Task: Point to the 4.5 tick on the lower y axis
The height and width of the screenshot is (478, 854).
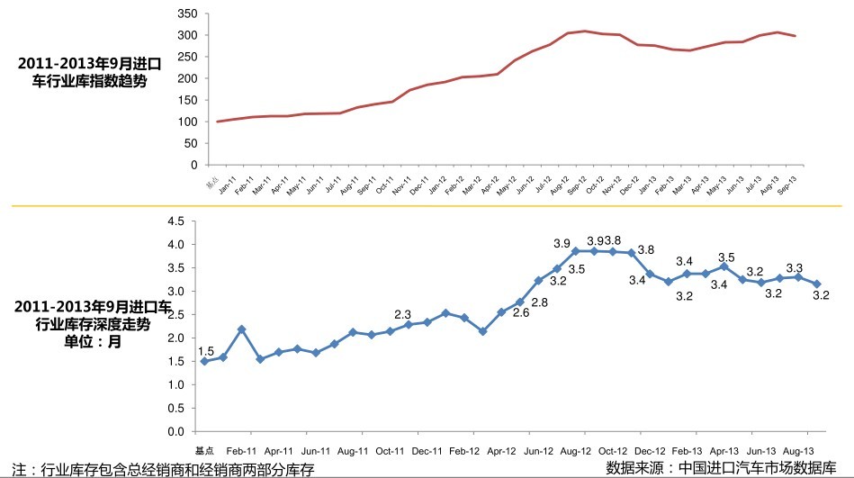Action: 175,221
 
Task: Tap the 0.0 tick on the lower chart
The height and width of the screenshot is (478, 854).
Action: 175,431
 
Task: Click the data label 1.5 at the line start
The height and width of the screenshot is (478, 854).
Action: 206,351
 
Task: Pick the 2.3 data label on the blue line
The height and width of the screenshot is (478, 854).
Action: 402,314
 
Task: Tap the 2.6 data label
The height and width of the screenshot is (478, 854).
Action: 521,312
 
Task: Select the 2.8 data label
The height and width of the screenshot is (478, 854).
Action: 539,302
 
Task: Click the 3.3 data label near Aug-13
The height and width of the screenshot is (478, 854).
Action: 795,268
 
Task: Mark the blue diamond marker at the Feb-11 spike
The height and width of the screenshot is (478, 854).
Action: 241,329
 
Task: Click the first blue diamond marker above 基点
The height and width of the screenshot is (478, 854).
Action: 204,361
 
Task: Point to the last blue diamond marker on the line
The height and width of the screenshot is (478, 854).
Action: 816,284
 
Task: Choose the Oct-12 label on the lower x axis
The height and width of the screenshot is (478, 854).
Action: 613,450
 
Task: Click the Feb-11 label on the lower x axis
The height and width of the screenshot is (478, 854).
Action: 241,450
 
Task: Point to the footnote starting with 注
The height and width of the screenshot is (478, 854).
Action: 158,470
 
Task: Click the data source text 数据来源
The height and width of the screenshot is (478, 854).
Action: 727,468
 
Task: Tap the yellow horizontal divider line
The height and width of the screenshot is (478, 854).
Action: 427,205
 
